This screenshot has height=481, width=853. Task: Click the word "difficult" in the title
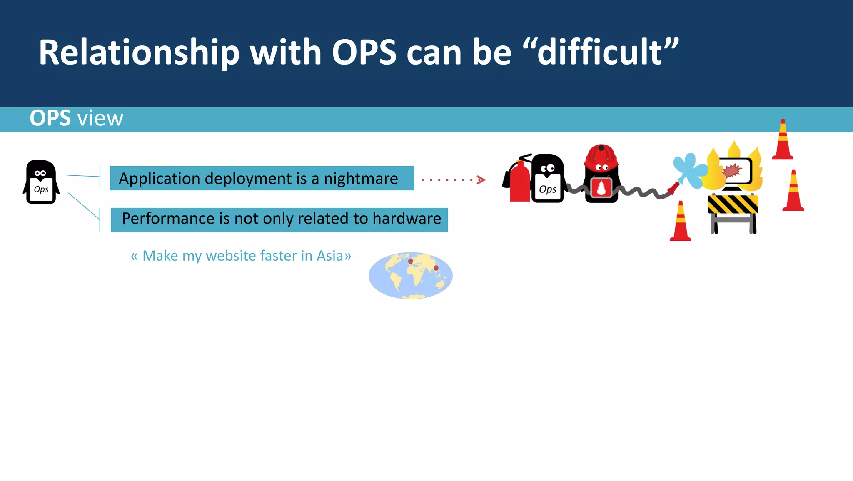coord(600,52)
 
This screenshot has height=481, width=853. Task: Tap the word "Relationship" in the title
coord(139,52)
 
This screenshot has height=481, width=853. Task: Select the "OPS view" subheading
coord(76,118)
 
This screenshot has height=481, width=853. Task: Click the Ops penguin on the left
coord(41,182)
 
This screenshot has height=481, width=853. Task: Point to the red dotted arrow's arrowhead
coord(481,180)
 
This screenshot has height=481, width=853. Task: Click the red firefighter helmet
coord(601,155)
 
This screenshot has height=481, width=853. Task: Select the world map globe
coord(410,276)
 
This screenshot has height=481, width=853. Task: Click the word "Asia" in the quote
coord(329,256)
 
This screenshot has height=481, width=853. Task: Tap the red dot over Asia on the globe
coord(436,268)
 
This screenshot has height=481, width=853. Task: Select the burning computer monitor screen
coord(736,171)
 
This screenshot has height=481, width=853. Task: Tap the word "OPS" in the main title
coord(364,52)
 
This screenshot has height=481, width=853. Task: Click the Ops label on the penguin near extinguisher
coord(547,189)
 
